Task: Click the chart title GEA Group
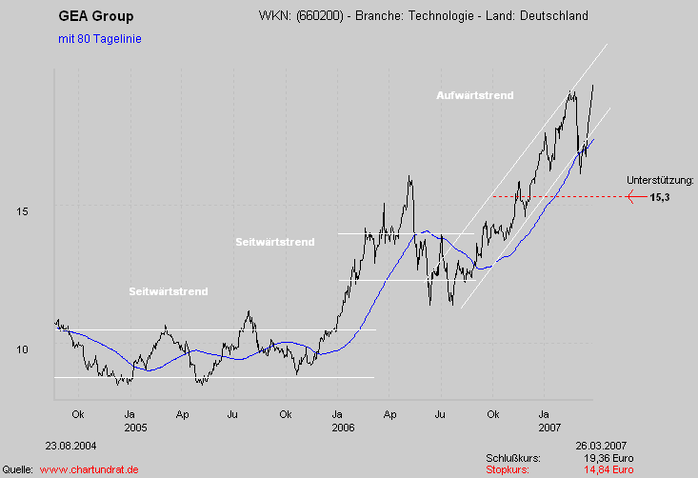coord(96,16)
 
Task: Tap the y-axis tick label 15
coord(22,210)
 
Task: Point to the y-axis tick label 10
coord(22,349)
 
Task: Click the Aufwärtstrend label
coord(474,95)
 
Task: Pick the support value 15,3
coord(661,197)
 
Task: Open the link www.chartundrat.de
coord(90,469)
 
